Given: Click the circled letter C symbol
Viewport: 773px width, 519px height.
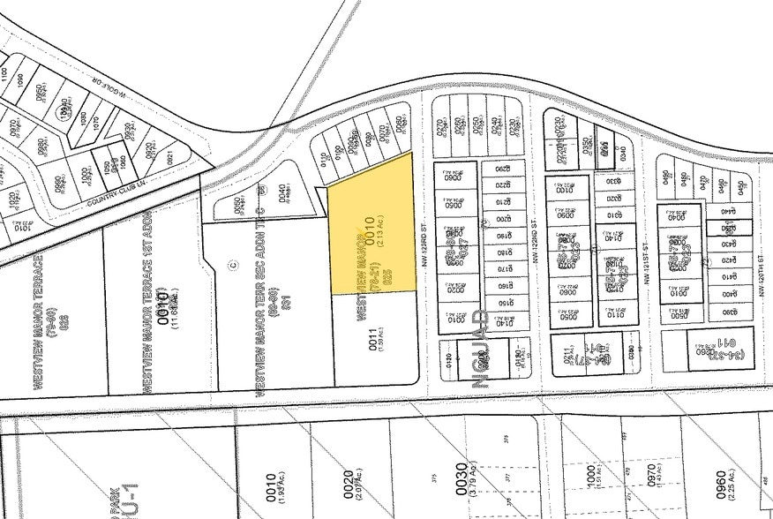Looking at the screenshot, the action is pos(232,262).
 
